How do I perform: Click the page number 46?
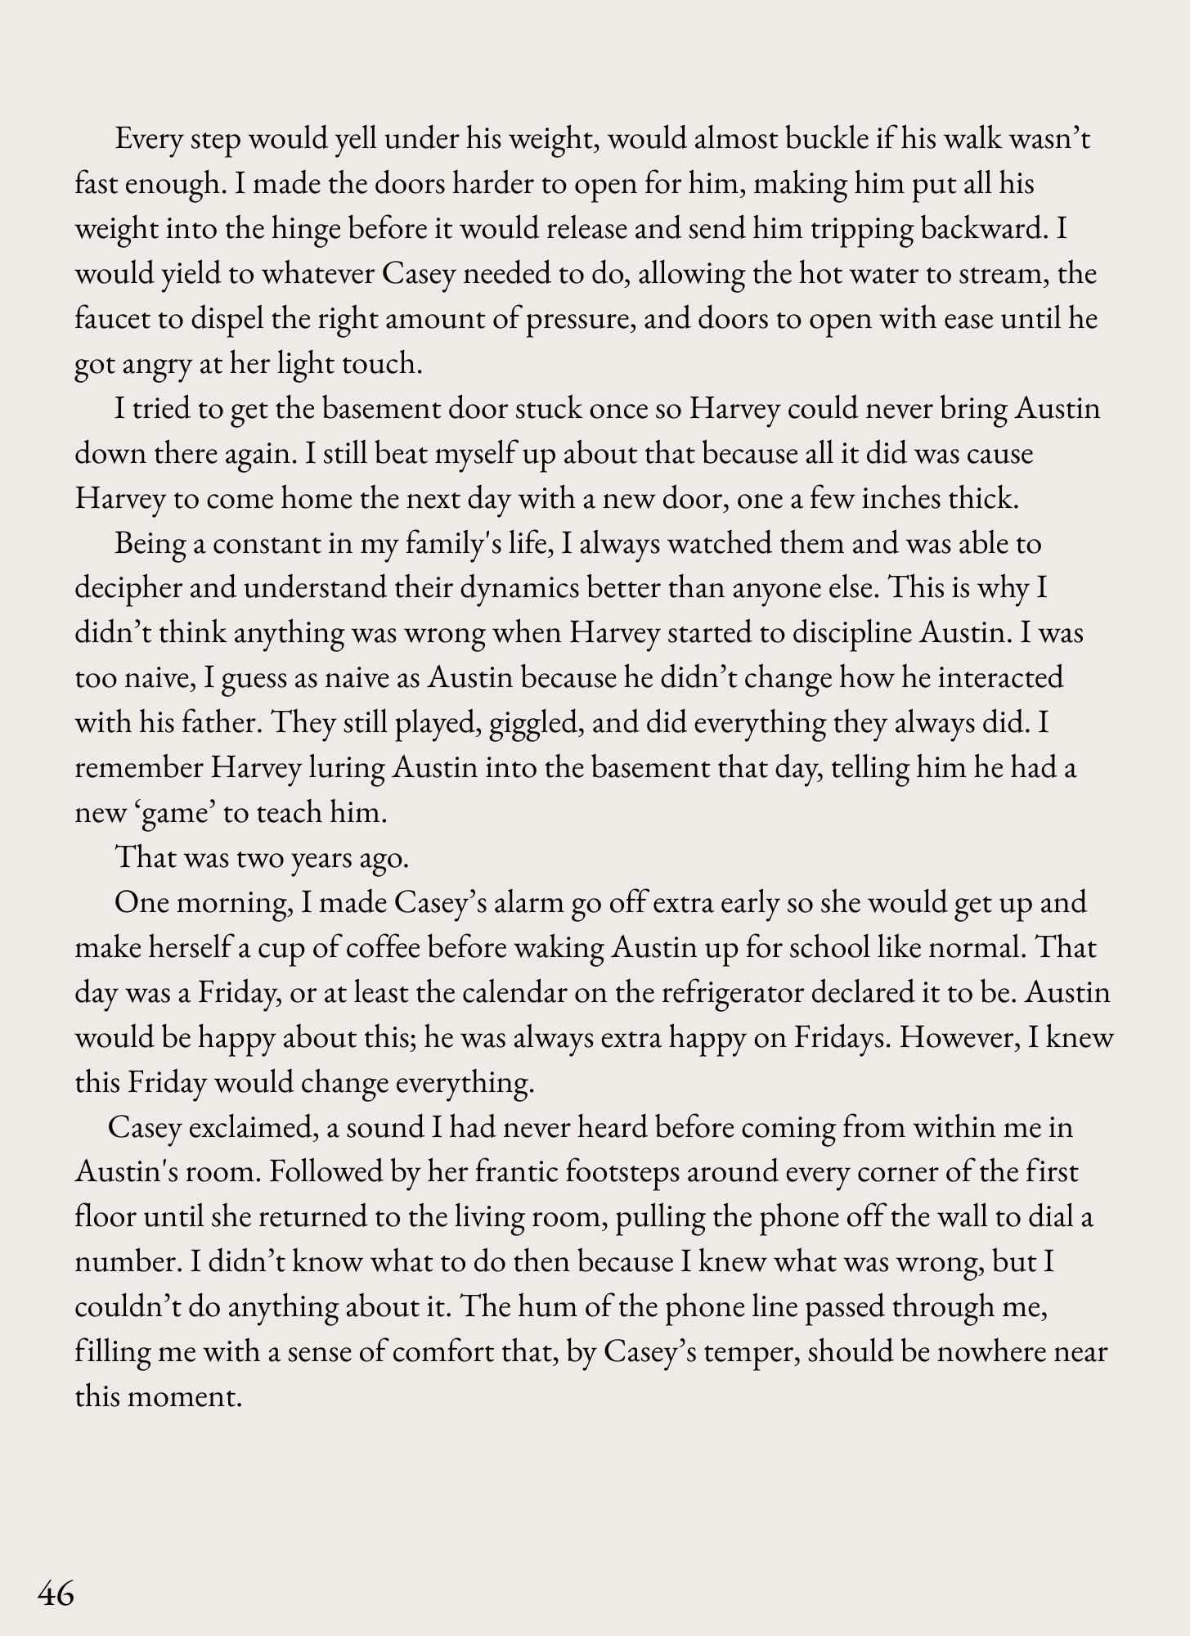[56, 1593]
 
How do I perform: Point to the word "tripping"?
[861, 229]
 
